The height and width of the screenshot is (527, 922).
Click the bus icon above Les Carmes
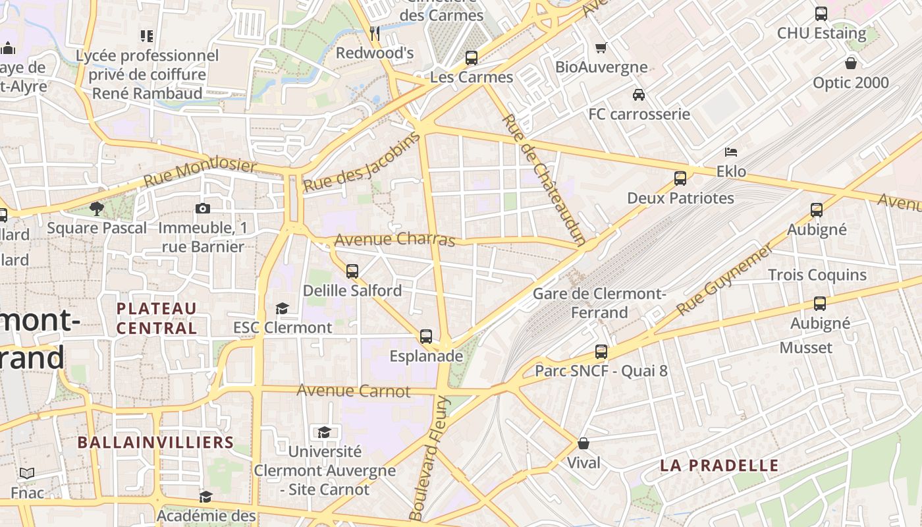click(472, 57)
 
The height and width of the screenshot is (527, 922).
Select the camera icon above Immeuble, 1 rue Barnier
click(203, 209)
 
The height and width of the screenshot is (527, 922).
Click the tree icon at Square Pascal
click(97, 209)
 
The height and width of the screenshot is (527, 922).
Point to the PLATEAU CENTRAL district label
click(157, 318)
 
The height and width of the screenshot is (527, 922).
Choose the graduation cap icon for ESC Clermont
click(282, 308)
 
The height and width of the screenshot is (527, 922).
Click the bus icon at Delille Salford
click(352, 271)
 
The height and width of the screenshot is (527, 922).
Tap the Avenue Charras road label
click(394, 240)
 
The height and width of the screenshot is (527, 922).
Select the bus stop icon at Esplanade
click(426, 337)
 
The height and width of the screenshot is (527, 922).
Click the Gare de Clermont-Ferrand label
click(599, 302)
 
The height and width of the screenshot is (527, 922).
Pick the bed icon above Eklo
click(731, 152)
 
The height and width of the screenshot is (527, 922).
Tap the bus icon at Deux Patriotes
click(680, 179)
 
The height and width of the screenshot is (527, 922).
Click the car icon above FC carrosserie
click(639, 95)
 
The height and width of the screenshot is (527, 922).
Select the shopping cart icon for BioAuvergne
click(601, 47)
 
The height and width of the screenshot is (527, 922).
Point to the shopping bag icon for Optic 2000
click(851, 63)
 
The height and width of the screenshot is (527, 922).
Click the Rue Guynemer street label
click(724, 279)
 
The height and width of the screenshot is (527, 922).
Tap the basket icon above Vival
click(583, 443)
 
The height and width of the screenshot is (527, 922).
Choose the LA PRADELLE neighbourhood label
click(719, 466)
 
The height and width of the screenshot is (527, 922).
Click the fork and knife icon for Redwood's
click(375, 33)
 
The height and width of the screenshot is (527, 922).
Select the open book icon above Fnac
click(27, 473)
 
